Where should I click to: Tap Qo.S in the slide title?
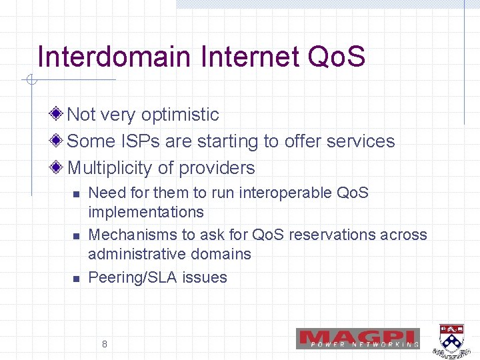pyautogui.click(x=337, y=57)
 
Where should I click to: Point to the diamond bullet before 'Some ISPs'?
pyautogui.click(x=59, y=141)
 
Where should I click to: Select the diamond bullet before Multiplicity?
pyautogui.click(x=59, y=168)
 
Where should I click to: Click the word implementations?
pyautogui.click(x=146, y=213)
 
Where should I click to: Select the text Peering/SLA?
pyautogui.click(x=131, y=278)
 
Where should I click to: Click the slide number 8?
pyautogui.click(x=105, y=344)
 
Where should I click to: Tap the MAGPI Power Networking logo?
pyautogui.click(x=358, y=339)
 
